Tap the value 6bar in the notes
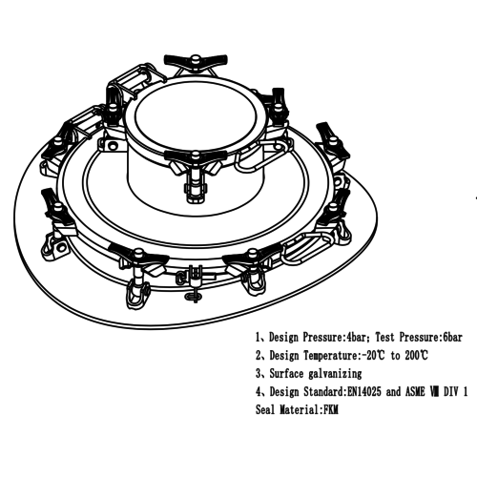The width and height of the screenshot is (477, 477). point(453,337)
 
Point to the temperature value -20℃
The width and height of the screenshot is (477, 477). point(373,355)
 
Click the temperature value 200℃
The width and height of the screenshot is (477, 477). point(417,355)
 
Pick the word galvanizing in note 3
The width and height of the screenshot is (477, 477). point(335,374)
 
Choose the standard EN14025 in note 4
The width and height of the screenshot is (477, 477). point(363,392)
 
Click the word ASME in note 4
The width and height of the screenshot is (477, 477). point(415,392)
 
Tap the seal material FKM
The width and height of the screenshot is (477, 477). point(331,410)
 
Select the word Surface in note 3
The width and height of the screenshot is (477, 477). point(286,373)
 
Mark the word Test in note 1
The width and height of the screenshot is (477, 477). point(384,337)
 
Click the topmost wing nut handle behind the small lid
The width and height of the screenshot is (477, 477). point(196,59)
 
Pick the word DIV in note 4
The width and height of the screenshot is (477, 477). point(450,392)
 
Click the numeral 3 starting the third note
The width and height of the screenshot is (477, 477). point(259,373)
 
